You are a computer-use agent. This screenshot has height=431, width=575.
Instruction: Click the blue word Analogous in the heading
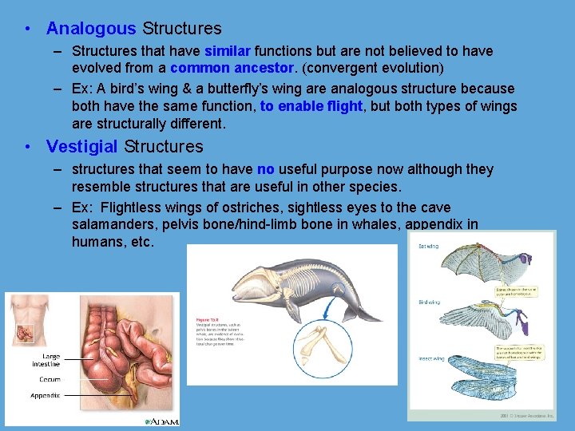[91, 29]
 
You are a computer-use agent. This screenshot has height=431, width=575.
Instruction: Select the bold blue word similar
[228, 51]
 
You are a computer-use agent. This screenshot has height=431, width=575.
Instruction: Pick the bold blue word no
[266, 169]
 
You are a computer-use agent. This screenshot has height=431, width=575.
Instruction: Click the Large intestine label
[46, 360]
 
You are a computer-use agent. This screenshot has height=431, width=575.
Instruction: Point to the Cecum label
[50, 379]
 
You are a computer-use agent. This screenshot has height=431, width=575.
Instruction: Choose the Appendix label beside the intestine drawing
[45, 395]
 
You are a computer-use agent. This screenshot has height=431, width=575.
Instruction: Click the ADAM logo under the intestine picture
[162, 421]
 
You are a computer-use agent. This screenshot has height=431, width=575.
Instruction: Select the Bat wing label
[429, 247]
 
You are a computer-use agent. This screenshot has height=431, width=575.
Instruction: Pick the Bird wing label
[429, 302]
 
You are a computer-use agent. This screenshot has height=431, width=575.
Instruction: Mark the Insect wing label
[430, 359]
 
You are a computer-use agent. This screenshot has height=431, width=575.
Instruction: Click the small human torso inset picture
[26, 324]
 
